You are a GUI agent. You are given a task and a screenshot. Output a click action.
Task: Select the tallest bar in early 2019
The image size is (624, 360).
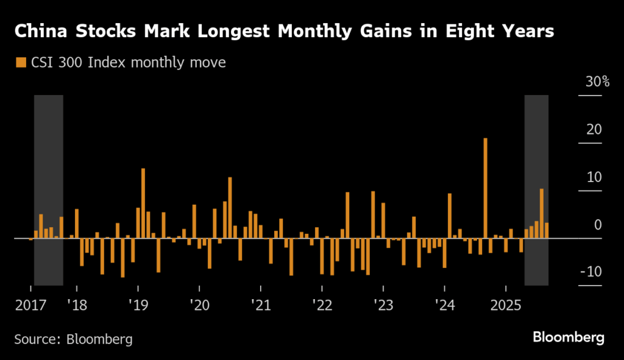tap(143, 203)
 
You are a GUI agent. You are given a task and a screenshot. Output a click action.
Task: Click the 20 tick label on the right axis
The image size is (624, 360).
tap(594, 130)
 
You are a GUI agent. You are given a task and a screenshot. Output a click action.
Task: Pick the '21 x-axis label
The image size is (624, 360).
tap(260, 304)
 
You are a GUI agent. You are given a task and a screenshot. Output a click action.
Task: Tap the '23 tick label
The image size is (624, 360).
tap(383, 304)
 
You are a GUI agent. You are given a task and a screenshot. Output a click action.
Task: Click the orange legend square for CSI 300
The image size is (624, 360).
tap(21, 62)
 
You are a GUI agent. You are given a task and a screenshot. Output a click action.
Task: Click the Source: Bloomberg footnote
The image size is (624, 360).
tap(73, 338)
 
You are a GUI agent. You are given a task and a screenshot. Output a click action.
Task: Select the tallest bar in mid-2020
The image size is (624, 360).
tap(230, 207)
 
